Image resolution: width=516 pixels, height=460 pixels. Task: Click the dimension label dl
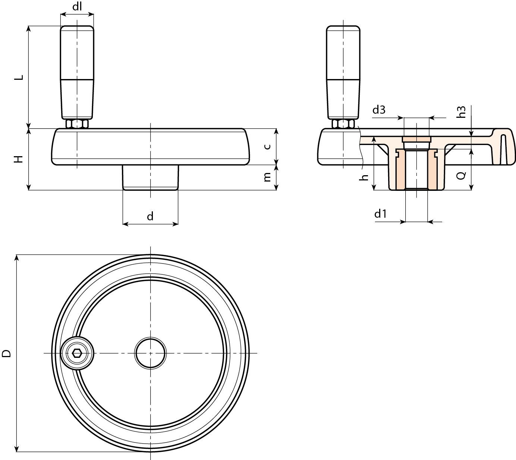click(77, 6)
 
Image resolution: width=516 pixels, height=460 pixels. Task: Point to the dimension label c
click(267, 146)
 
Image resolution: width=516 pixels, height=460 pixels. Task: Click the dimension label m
click(267, 178)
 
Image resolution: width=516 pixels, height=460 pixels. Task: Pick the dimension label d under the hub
click(150, 216)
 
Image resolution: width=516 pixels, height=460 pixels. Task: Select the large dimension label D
click(7, 353)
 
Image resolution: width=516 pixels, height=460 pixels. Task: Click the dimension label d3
click(379, 110)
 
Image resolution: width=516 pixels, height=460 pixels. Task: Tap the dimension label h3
click(462, 112)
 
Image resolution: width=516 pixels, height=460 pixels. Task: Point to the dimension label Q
click(461, 176)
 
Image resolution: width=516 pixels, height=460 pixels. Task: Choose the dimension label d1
click(380, 214)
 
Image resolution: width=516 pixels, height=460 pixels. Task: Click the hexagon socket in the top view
click(77, 353)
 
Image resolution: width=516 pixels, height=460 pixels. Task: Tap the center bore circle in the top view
click(150, 353)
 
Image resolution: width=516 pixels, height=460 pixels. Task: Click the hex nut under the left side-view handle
click(77, 124)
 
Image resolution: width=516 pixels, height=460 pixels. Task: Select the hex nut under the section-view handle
click(343, 124)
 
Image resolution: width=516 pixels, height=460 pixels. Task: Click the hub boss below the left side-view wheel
click(151, 177)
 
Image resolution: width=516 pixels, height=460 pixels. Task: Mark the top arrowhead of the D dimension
click(16, 258)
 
